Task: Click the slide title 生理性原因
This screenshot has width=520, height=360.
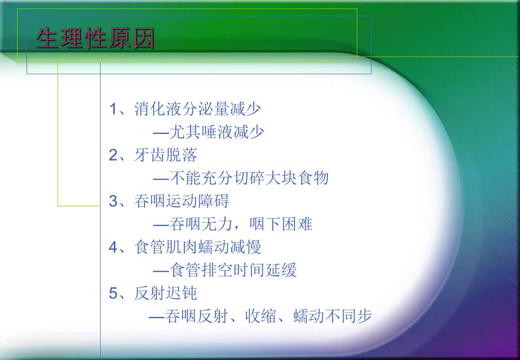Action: coord(95,40)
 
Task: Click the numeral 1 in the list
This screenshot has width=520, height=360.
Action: coord(112,109)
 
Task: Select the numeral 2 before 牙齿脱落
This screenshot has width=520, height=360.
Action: coord(112,155)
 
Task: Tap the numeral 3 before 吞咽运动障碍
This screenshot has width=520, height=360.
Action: coord(112,201)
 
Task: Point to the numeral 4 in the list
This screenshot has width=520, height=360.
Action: coord(112,247)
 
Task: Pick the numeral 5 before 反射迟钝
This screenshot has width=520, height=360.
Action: coord(112,293)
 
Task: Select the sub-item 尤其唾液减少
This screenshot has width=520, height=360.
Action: coord(216,132)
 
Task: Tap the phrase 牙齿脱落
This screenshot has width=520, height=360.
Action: coord(166,155)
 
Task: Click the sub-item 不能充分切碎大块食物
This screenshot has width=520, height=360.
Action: coord(249,178)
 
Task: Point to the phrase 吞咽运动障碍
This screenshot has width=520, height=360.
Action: coord(181,201)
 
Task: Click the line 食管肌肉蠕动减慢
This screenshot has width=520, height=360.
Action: coord(197,247)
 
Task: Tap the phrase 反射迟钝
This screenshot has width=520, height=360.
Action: coord(166,293)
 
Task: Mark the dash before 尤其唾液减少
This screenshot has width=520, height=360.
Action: coord(161,132)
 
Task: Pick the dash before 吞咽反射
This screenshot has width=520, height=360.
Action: coord(157,317)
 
